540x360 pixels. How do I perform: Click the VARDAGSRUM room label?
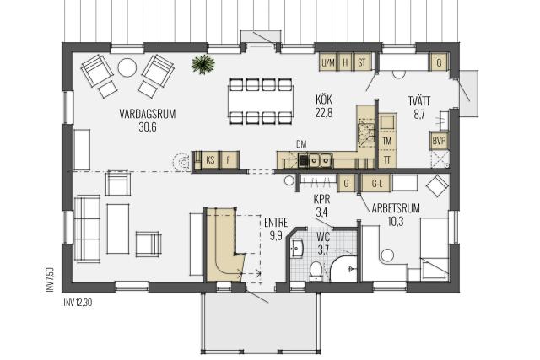(x=148, y=114)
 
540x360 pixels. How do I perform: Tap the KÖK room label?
(x=324, y=99)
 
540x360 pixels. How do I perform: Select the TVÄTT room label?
(x=419, y=101)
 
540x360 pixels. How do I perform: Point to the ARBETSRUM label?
(x=396, y=208)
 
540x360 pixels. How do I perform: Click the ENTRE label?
(x=276, y=223)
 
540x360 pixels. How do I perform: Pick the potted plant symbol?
(x=203, y=64)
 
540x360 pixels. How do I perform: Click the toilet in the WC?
(x=316, y=270)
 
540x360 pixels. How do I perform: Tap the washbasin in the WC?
(x=297, y=248)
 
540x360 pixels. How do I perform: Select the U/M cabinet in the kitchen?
(x=328, y=62)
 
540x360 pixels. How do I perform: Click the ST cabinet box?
(x=362, y=62)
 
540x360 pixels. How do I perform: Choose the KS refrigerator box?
(x=210, y=160)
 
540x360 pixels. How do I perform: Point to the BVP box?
(x=439, y=141)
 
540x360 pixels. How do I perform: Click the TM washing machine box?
(x=387, y=141)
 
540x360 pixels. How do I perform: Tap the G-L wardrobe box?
(x=377, y=184)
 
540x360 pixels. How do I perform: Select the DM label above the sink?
(x=301, y=144)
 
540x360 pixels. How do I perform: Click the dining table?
(x=261, y=101)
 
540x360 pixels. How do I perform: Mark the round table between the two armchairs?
(x=127, y=67)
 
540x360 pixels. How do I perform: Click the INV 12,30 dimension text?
(x=78, y=303)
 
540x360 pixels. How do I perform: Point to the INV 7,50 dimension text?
(x=50, y=280)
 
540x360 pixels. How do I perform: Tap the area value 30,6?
(x=148, y=127)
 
